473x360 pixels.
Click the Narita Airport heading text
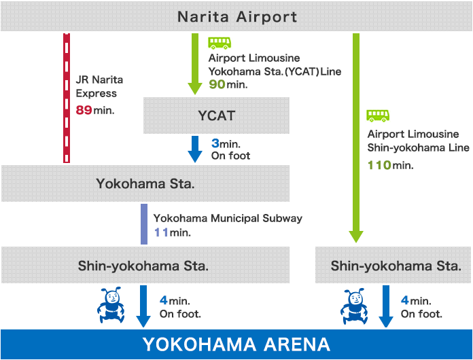point(237,17)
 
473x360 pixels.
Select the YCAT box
point(216,115)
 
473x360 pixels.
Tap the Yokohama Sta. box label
point(145,183)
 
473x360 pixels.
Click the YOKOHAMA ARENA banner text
point(236,344)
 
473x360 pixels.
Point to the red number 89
point(84,110)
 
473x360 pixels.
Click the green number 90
point(217,84)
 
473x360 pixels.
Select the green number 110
point(379,165)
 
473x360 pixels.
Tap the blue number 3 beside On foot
point(215,143)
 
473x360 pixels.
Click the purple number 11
point(161,232)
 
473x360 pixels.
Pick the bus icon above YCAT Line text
point(220,43)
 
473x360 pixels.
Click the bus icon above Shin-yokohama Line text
point(378,115)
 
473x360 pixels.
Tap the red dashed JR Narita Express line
point(67,98)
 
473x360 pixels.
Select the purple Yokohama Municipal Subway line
point(144,224)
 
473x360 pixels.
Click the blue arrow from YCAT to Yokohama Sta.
point(195,149)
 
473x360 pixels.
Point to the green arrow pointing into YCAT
point(195,64)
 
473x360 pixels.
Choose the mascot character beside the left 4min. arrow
point(111,305)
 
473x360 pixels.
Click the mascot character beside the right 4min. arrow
point(354,306)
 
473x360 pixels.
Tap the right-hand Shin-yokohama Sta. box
point(393,265)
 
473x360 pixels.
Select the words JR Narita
point(99,80)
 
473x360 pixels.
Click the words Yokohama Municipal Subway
point(228,218)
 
